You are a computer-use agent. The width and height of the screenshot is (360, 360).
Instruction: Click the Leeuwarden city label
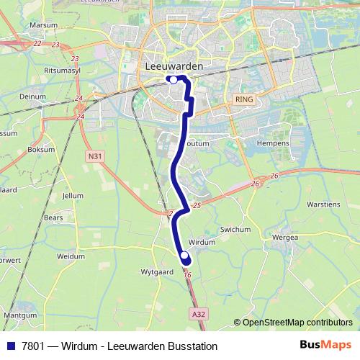[174, 66]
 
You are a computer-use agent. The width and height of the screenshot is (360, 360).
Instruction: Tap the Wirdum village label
[201, 243]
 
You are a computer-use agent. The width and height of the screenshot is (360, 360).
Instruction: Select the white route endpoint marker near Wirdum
[184, 256]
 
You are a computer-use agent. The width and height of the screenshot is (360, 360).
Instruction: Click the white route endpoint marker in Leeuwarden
[173, 80]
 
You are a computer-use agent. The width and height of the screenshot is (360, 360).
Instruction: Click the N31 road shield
[93, 156]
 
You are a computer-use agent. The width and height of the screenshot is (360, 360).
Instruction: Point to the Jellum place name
[73, 195]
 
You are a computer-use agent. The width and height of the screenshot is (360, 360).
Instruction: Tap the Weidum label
[71, 256]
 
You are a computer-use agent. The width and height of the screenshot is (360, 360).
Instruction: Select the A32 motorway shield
[199, 315]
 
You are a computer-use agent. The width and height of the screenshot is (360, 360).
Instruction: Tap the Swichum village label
[236, 229]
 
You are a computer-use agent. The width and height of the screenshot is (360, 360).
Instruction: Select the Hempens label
[274, 144]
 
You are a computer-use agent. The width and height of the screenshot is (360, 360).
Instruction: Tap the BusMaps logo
[325, 346]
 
